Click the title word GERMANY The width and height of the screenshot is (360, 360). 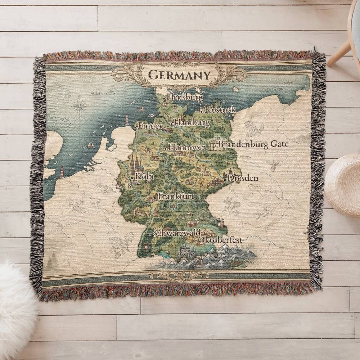tap(179, 75)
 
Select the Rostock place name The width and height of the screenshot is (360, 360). tap(220, 109)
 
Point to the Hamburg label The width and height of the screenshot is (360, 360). tap(192, 123)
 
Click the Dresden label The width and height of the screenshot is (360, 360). tap(243, 178)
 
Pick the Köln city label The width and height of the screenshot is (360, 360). tap(144, 176)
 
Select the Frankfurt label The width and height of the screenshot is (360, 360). tap(176, 197)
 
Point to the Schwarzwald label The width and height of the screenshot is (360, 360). tap(176, 233)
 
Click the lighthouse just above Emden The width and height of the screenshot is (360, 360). tap(127, 120)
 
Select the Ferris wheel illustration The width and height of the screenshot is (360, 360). tap(203, 215)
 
